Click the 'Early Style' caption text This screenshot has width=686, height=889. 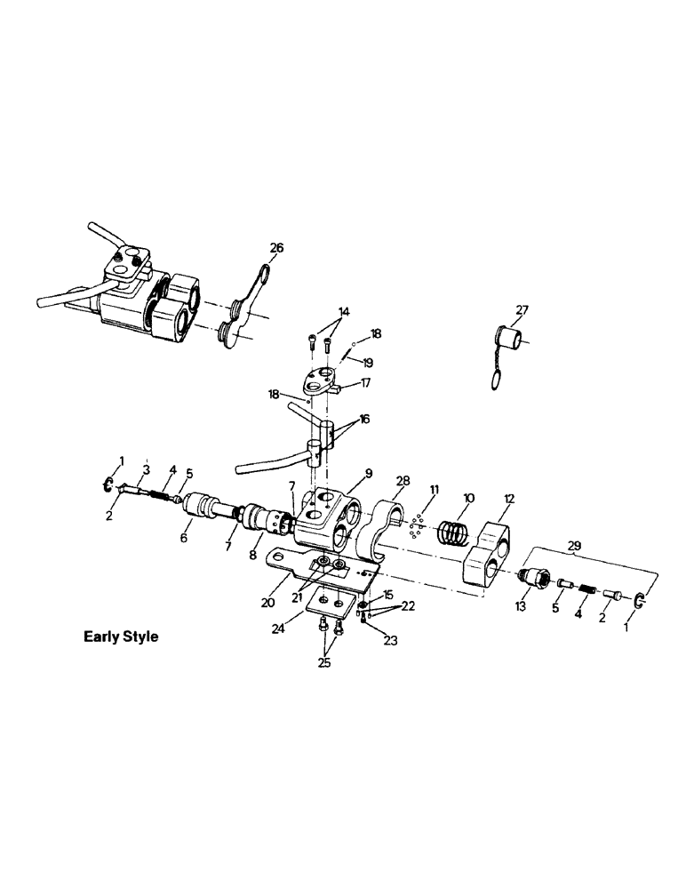(x=121, y=637)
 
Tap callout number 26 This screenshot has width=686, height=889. (x=276, y=248)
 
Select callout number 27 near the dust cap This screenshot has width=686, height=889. (x=521, y=310)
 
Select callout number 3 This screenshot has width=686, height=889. (x=147, y=469)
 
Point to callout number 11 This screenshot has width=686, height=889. (x=435, y=490)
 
